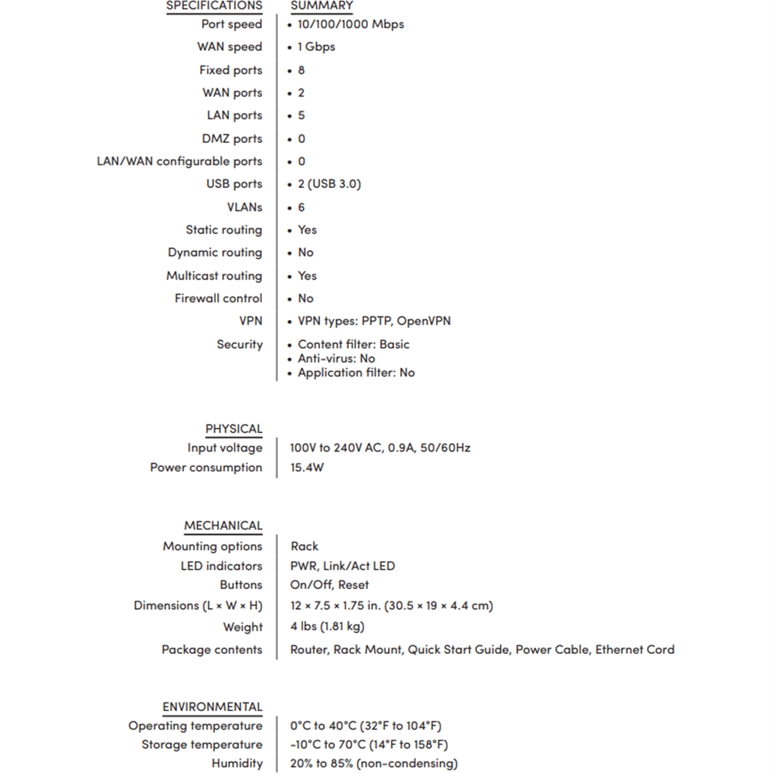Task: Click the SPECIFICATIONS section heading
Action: point(214,6)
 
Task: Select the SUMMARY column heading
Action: point(322,6)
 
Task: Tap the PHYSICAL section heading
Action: point(233,429)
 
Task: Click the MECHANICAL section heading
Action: point(223,526)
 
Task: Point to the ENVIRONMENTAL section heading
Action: point(212,707)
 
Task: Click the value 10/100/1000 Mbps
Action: point(350,24)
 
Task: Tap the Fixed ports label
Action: point(230,70)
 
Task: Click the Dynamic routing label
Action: point(215,253)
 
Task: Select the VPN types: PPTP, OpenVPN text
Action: point(374,321)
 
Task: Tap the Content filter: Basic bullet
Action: point(353,344)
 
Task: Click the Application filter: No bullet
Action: point(356,373)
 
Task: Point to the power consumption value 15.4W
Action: point(307,468)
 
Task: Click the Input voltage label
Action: point(224,448)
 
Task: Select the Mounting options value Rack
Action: point(305,546)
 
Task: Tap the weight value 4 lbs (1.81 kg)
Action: point(327,626)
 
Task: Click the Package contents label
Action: point(211,649)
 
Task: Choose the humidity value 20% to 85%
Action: point(373,764)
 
